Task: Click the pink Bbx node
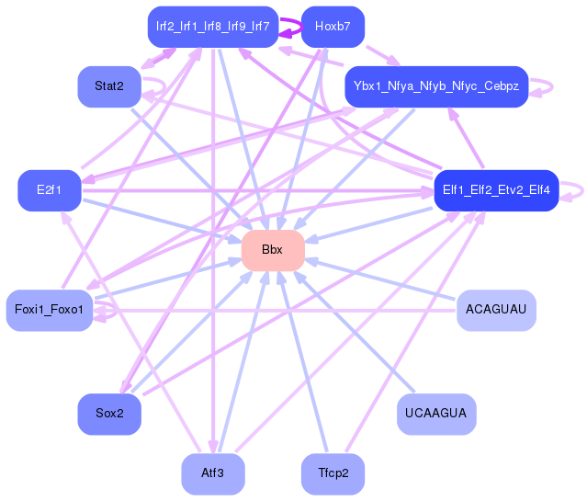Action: pyautogui.click(x=272, y=250)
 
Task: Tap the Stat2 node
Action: pyautogui.click(x=108, y=87)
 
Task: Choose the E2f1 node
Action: pyautogui.click(x=49, y=190)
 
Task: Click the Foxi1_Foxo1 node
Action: pyautogui.click(x=49, y=309)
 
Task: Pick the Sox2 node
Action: pyautogui.click(x=108, y=414)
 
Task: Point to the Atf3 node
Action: pyautogui.click(x=212, y=474)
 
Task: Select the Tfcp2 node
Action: pyautogui.click(x=332, y=474)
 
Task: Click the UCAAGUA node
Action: pyautogui.click(x=435, y=414)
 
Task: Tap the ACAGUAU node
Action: pyautogui.click(x=495, y=309)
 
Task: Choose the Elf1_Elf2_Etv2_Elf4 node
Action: pyautogui.click(x=495, y=190)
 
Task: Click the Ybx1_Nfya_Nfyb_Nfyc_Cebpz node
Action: pyautogui.click(x=435, y=87)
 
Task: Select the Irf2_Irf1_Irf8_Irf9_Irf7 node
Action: pyautogui.click(x=212, y=27)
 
